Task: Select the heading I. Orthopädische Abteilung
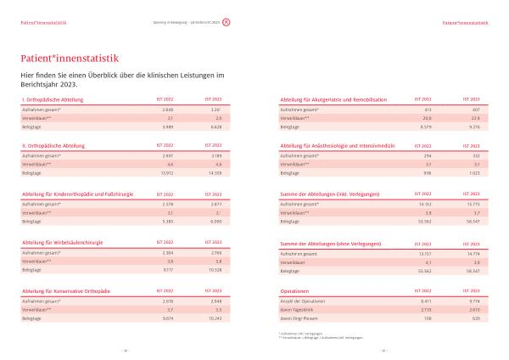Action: [x=48, y=100]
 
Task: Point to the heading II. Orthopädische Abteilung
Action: [x=48, y=145]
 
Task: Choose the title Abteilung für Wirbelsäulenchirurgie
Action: [x=62, y=242]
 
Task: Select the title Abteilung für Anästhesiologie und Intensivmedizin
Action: [x=338, y=145]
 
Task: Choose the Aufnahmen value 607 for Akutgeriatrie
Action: [x=476, y=110]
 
